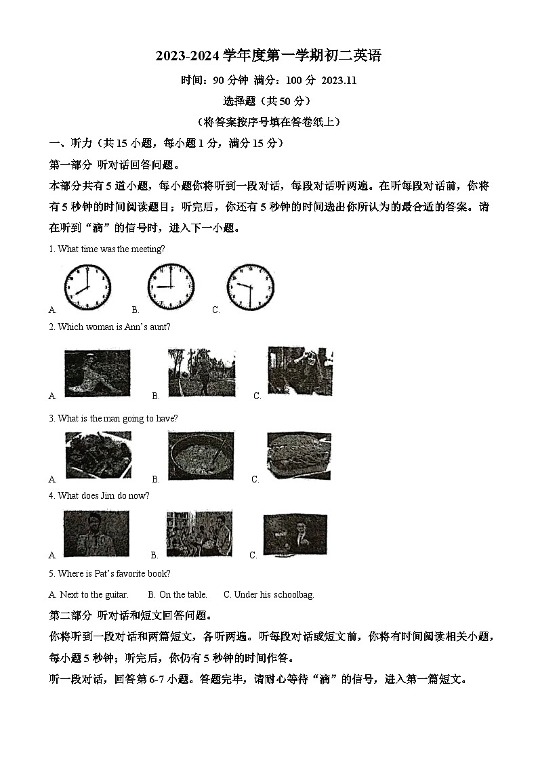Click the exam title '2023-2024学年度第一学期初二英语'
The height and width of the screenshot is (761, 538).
pyautogui.click(x=268, y=56)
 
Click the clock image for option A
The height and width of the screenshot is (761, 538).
pyautogui.click(x=87, y=287)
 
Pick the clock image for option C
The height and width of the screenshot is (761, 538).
pyautogui.click(x=250, y=287)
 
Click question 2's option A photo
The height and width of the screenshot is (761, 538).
pyautogui.click(x=97, y=373)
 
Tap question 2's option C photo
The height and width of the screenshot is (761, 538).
pyautogui.click(x=299, y=371)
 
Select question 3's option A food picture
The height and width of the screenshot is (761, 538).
pyautogui.click(x=98, y=455)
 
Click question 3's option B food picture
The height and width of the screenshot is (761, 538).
pyautogui.click(x=201, y=456)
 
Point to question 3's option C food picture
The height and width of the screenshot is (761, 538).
pyautogui.click(x=299, y=456)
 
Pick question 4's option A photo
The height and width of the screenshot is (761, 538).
pyautogui.click(x=96, y=533)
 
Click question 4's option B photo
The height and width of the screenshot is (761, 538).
pyautogui.click(x=199, y=533)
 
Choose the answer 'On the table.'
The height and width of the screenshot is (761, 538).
pyautogui.click(x=183, y=594)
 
